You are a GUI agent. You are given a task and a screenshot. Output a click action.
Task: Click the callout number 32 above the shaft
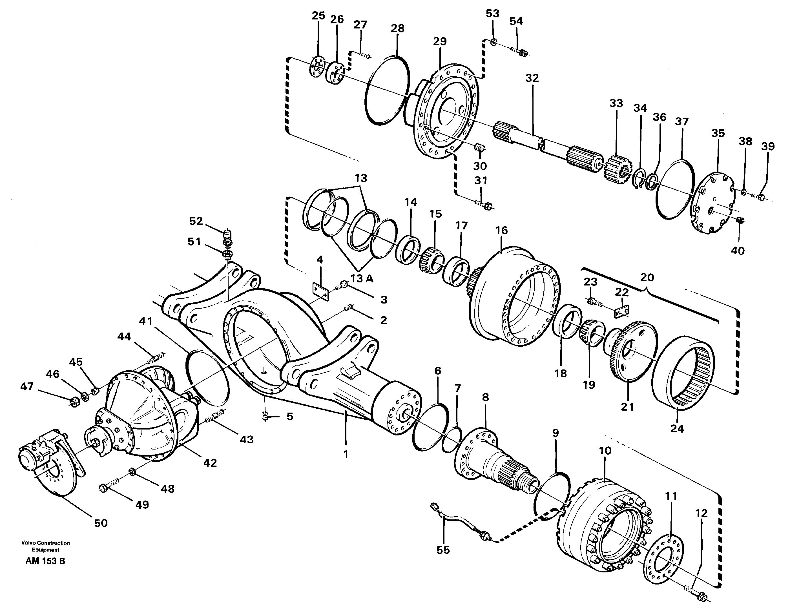tap(532, 78)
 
